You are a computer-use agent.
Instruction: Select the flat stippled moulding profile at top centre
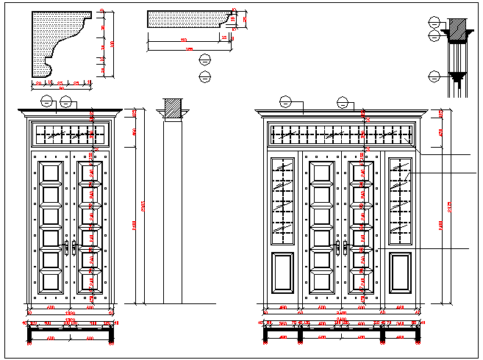184,20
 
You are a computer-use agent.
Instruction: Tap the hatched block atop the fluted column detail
457,24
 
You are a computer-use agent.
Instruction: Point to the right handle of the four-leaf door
344,247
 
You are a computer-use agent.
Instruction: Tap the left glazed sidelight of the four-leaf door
283,200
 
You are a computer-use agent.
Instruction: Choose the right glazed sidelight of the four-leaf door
400,200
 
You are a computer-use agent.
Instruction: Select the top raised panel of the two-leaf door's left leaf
50,173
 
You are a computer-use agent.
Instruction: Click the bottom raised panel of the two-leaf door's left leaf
50,281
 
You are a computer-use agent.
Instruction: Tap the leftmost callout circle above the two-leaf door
48,101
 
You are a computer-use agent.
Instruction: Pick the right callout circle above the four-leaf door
343,103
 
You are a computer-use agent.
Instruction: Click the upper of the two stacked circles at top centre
205,60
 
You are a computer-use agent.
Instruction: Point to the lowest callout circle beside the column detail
434,76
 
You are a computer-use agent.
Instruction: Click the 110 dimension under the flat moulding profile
183,40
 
